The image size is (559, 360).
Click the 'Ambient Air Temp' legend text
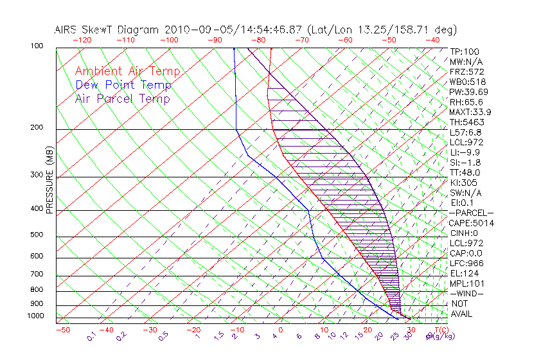[127, 71]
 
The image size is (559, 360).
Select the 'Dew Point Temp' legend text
[123, 85]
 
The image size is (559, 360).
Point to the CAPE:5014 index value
[472, 223]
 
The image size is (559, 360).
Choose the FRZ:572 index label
[467, 71]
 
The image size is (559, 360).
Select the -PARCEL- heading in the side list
[472, 213]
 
